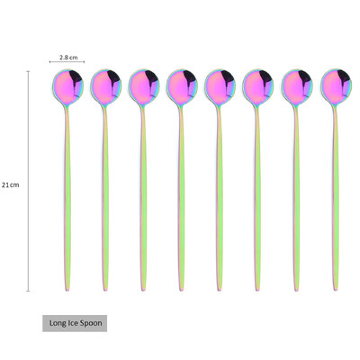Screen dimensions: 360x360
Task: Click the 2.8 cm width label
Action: [68, 57]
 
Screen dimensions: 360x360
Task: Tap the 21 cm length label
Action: [10, 184]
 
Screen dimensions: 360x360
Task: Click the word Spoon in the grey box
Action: [90, 323]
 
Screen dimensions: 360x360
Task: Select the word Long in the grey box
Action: [57, 323]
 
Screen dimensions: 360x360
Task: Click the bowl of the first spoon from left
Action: [67, 87]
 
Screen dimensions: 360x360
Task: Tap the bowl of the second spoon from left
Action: [106, 87]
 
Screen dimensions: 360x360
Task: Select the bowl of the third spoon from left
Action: [144, 87]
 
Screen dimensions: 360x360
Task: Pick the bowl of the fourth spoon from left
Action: [182, 87]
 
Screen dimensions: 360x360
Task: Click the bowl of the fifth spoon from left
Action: [220, 87]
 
